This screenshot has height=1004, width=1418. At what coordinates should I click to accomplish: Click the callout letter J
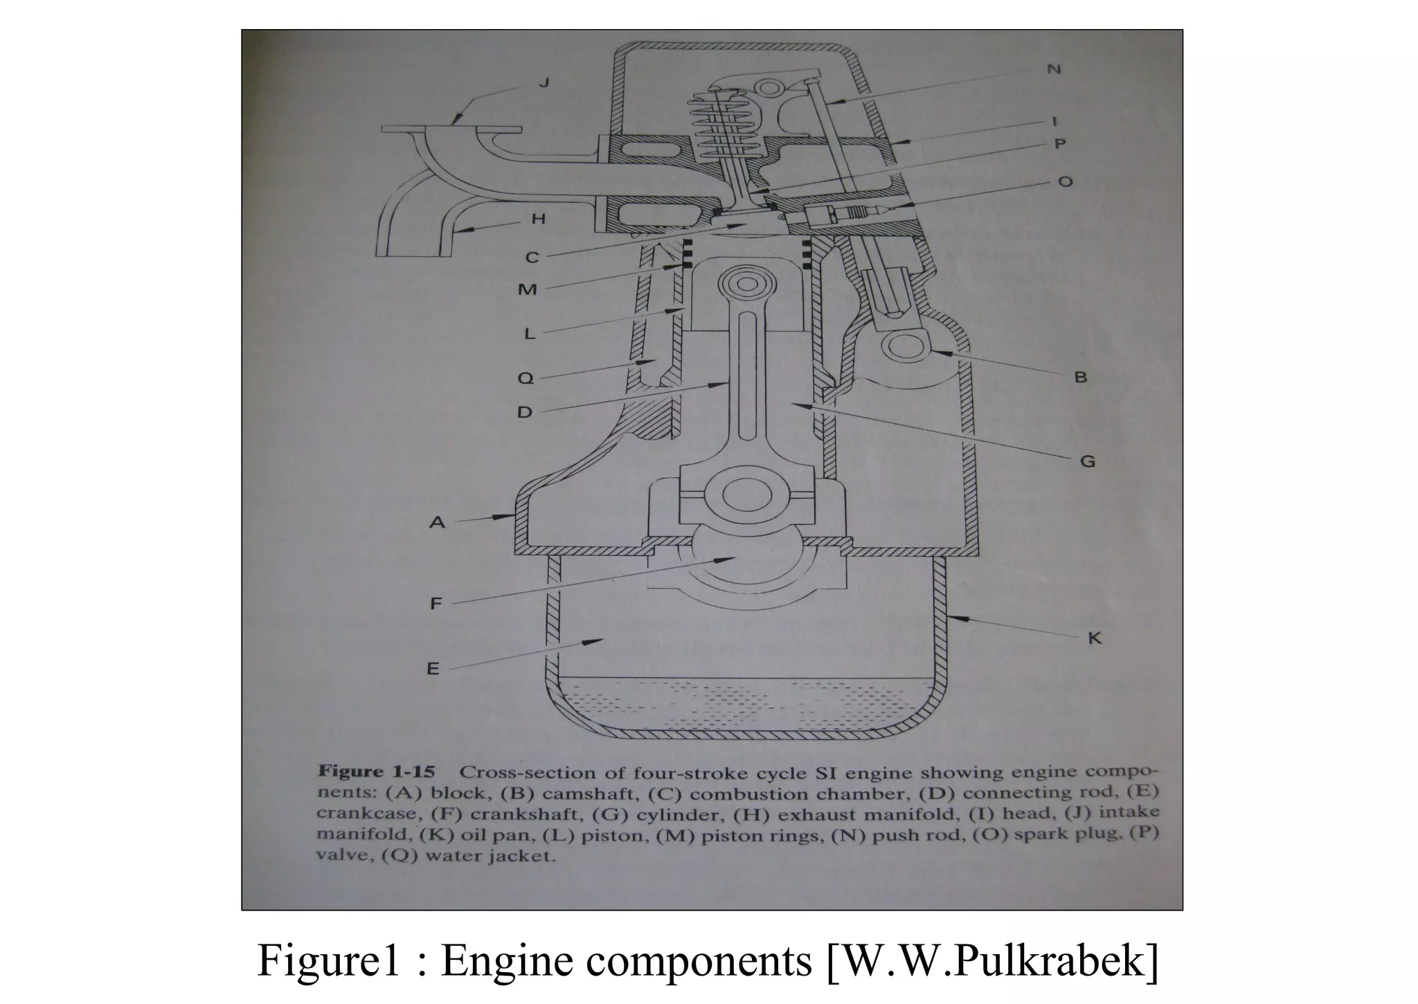[544, 83]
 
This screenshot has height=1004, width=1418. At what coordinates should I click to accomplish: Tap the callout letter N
[1054, 70]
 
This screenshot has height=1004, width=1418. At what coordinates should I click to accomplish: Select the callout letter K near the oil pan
[1094, 638]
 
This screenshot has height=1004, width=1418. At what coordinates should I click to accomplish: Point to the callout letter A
[437, 521]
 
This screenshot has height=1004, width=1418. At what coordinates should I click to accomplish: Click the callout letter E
[433, 668]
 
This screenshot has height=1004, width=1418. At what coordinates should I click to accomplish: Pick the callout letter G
[1088, 460]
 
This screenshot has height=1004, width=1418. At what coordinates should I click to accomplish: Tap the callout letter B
[1080, 377]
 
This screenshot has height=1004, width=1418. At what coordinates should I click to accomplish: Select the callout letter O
[1066, 181]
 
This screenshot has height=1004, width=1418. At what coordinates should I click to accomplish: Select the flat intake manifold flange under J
[451, 129]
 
